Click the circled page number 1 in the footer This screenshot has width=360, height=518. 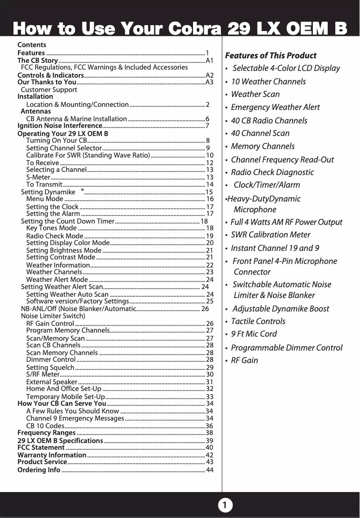pyautogui.click(x=225, y=505)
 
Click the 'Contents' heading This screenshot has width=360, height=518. pyautogui.click(x=31, y=45)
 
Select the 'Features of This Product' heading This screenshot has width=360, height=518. pyautogui.click(x=270, y=56)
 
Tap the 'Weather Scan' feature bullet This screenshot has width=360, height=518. pyautogui.click(x=255, y=94)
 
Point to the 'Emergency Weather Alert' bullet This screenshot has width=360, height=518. pyautogui.click(x=275, y=107)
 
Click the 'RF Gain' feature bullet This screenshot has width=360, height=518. pyautogui.click(x=244, y=360)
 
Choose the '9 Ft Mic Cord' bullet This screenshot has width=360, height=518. pyautogui.click(x=254, y=334)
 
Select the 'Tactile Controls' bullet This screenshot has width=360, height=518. pyautogui.click(x=258, y=321)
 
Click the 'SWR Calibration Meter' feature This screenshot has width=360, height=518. pyautogui.click(x=270, y=235)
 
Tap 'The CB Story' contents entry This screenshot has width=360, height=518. pyautogui.click(x=37, y=61)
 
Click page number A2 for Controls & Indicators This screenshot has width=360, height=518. pyautogui.click(x=209, y=75)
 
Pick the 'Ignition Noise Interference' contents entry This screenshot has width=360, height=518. pyautogui.click(x=59, y=126)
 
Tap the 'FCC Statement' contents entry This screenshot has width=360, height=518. pyautogui.click(x=41, y=448)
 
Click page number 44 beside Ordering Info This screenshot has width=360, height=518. pyautogui.click(x=209, y=470)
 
